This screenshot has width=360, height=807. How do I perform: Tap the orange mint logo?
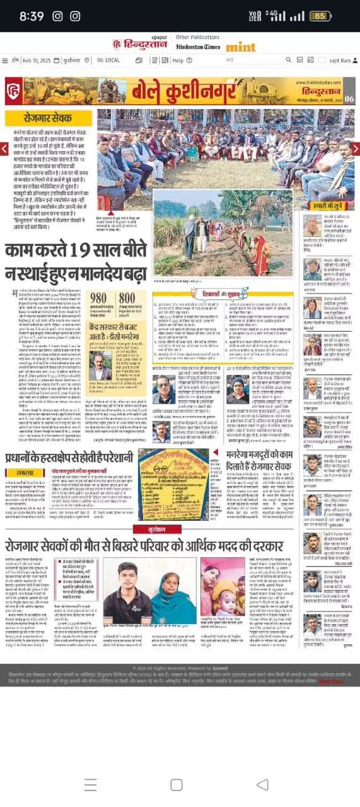pos(240,46)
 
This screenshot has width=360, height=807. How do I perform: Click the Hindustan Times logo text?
pos(197,46)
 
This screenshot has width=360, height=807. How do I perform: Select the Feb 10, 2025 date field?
pos(45,60)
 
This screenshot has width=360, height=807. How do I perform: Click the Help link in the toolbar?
pos(177,60)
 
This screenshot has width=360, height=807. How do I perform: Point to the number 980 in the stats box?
pos(98,297)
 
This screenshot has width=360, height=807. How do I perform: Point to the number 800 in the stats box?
pos(126,297)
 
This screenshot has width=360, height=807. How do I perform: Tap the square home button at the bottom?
pos(176,784)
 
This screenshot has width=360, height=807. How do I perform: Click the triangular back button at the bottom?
pos(262,784)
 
